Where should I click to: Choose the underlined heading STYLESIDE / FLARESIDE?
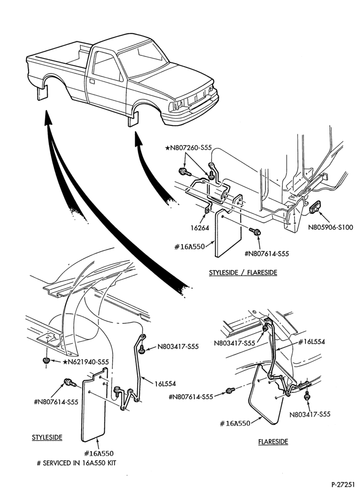click(x=243, y=272)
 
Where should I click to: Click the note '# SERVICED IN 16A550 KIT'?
click(x=77, y=463)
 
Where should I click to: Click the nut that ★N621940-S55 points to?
click(x=46, y=360)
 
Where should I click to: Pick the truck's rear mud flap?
click(x=42, y=93)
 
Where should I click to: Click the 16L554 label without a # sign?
click(x=165, y=383)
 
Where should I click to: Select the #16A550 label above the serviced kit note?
click(x=99, y=453)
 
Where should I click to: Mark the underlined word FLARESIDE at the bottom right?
click(x=273, y=441)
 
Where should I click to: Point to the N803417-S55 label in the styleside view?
click(x=178, y=347)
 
